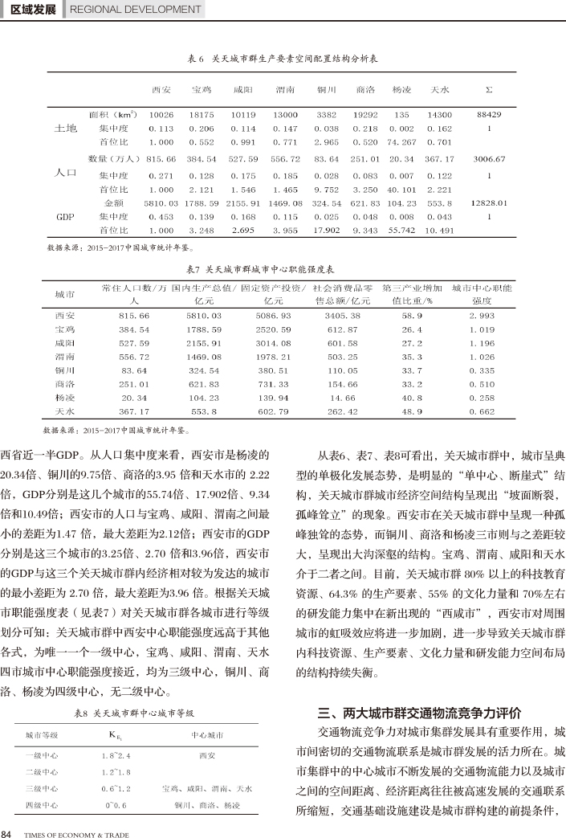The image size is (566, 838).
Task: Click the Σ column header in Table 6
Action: [x=489, y=88]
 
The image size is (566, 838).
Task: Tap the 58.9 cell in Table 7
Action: [x=412, y=316]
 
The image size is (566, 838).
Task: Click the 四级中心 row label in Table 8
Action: [x=41, y=804]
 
